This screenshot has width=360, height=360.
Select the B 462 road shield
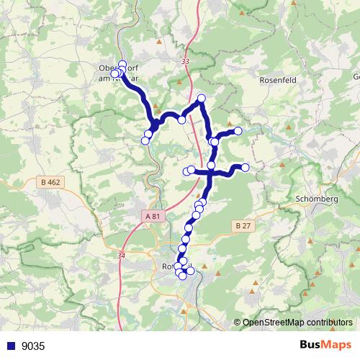pyautogui.click(x=50, y=183)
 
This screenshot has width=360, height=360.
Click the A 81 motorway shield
pyautogui.click(x=152, y=215)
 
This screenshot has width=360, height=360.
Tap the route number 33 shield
pyautogui.click(x=186, y=62)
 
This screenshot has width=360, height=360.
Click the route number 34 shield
pyautogui.click(x=120, y=255)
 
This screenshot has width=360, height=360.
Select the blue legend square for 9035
pyautogui.click(x=11, y=346)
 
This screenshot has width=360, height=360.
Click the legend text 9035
pyautogui.click(x=32, y=346)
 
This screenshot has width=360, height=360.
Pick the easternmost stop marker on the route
pyautogui.click(x=245, y=168)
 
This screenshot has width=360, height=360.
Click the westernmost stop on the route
pyautogui.click(x=113, y=73)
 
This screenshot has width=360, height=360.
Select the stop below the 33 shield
pyautogui.click(x=202, y=98)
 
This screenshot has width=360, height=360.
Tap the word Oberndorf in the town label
pyautogui.click(x=108, y=69)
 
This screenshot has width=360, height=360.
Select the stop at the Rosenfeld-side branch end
pyautogui.click(x=238, y=130)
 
